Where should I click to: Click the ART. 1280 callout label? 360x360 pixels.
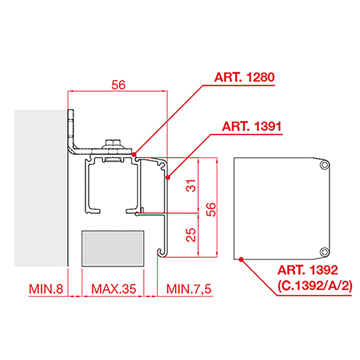(x=244, y=77)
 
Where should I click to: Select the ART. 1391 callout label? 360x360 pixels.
(x=252, y=126)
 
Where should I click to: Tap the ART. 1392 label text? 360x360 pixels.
(x=308, y=270)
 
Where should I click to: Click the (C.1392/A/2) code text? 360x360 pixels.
(x=315, y=286)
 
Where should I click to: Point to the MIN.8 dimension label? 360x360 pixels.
(x=46, y=289)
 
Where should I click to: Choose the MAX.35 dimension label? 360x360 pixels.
(x=114, y=289)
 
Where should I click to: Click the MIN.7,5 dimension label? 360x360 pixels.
(x=189, y=289)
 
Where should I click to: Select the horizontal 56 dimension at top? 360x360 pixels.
(x=118, y=85)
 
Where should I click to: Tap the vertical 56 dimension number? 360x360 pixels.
(x=211, y=209)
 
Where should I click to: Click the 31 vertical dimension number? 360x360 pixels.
(x=191, y=185)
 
